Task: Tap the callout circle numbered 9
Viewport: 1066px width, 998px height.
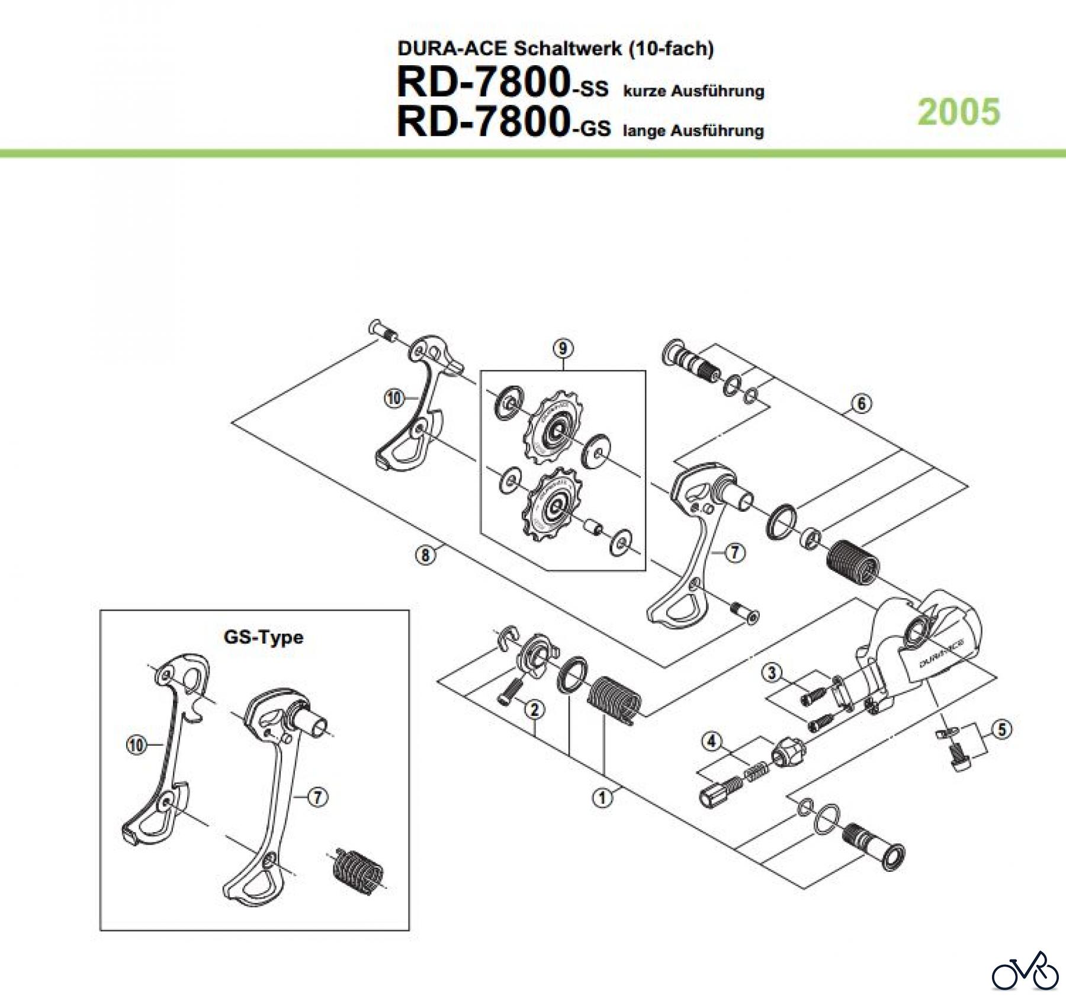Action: pyautogui.click(x=562, y=349)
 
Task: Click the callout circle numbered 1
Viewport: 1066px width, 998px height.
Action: pyautogui.click(x=602, y=798)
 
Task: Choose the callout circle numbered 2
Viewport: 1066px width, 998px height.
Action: pyautogui.click(x=534, y=709)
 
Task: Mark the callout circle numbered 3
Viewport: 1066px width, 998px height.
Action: pyautogui.click(x=772, y=673)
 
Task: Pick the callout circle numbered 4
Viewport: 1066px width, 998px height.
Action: pyautogui.click(x=711, y=740)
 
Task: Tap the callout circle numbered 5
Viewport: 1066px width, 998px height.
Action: pyautogui.click(x=1001, y=729)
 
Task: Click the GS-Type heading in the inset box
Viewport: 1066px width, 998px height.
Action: pyautogui.click(x=263, y=637)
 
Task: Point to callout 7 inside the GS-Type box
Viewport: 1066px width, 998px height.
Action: pyautogui.click(x=318, y=797)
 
